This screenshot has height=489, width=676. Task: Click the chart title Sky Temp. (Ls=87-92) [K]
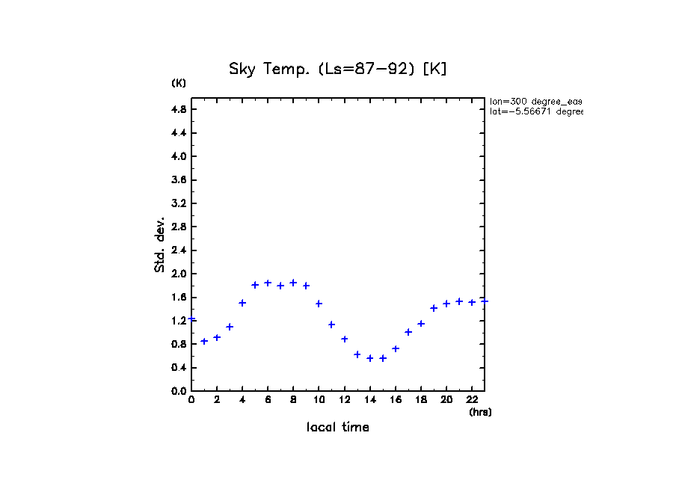337,70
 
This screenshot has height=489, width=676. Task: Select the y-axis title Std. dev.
160,244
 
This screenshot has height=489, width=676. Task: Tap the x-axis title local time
337,428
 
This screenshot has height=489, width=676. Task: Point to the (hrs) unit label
480,412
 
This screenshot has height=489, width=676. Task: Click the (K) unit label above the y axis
179,83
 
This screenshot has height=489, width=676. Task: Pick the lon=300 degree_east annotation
535,101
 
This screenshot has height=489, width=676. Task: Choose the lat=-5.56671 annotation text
535,111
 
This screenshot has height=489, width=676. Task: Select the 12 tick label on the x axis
345,401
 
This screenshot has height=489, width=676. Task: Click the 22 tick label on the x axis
472,401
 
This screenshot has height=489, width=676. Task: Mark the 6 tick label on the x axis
268,401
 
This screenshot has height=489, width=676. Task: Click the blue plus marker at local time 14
370,358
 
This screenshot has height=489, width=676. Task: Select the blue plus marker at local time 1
204,341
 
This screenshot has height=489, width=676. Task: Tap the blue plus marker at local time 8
293,283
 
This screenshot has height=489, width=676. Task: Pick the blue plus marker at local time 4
242,303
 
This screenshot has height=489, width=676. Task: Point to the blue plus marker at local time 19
434,308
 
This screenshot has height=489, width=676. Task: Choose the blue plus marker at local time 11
331,325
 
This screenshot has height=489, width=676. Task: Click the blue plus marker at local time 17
408,332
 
